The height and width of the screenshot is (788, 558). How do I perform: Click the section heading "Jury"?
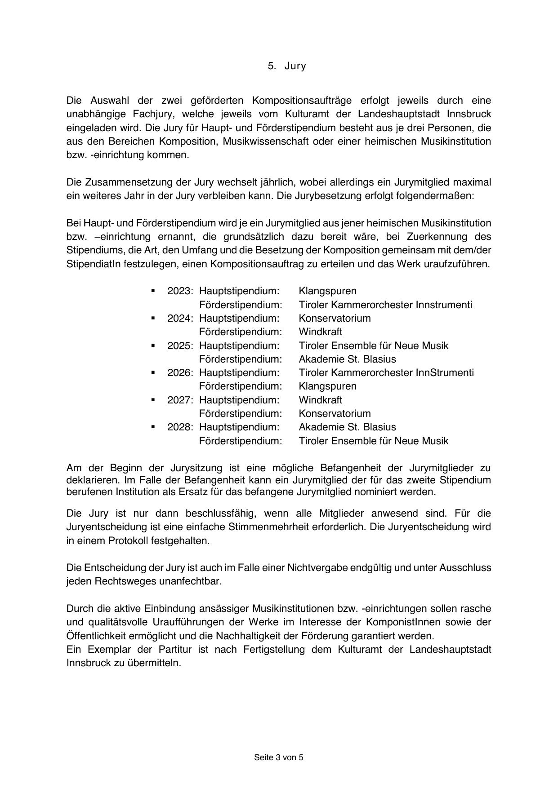295,66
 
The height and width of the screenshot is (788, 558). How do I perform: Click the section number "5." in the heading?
272,66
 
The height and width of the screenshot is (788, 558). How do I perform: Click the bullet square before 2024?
153,318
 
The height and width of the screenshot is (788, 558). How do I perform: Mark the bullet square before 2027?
153,399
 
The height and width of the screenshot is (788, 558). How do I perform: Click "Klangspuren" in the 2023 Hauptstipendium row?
327,291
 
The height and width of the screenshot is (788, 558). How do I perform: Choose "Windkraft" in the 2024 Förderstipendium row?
320,332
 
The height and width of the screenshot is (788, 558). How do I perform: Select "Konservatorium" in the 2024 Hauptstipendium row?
335,318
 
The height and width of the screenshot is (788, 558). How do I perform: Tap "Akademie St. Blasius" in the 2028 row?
347,427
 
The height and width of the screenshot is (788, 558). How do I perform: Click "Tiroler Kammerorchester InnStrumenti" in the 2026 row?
386,372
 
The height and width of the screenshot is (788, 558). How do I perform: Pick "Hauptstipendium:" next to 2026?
239,372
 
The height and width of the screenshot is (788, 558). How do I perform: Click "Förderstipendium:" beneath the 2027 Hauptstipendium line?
241,413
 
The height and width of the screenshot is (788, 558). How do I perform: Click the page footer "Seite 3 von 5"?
279,757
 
